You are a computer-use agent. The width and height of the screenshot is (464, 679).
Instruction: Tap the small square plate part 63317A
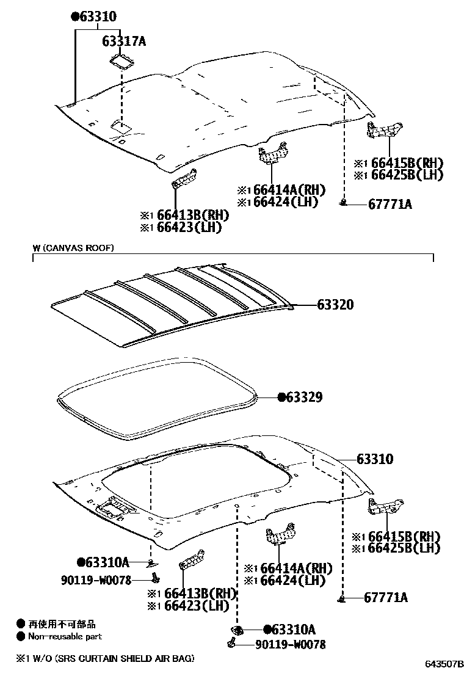(123, 61)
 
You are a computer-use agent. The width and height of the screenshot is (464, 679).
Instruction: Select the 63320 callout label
(335, 305)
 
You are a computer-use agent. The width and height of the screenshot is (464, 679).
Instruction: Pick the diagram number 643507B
(441, 664)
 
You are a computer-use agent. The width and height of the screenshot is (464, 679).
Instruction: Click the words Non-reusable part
(65, 636)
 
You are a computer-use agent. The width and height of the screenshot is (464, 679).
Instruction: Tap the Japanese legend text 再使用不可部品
(62, 625)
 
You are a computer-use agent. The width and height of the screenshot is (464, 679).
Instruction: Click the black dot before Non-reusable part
(21, 636)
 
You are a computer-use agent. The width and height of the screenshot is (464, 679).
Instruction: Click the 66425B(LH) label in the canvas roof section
(404, 548)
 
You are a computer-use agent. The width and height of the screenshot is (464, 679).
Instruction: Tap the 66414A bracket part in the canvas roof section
(278, 535)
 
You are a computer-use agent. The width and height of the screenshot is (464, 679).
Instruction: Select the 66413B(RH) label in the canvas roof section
(197, 594)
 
